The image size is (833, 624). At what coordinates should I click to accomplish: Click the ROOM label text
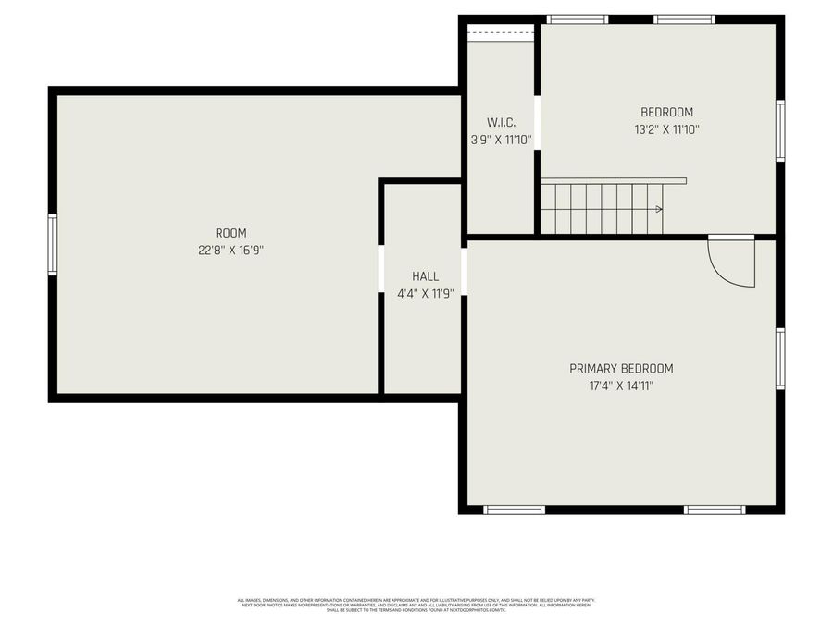(230, 233)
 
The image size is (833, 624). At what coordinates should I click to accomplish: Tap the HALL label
(425, 276)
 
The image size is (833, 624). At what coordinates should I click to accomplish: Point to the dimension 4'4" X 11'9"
(425, 294)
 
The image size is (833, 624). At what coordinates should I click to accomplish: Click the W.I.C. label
(501, 123)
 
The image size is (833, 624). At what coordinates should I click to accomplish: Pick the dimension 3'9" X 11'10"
(501, 141)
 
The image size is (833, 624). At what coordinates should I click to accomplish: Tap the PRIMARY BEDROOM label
(621, 368)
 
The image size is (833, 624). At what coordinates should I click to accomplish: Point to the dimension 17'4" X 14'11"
(621, 385)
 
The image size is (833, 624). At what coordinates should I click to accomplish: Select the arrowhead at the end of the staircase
(658, 209)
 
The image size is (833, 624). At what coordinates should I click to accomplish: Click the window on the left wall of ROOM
(53, 244)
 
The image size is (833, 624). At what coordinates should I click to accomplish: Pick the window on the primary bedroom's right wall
(780, 359)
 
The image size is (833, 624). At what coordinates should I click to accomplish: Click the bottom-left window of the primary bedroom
(514, 509)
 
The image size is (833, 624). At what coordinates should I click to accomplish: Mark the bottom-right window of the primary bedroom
(714, 509)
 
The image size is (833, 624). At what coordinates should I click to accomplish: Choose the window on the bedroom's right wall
(780, 130)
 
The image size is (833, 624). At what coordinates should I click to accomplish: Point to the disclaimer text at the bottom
(416, 605)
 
